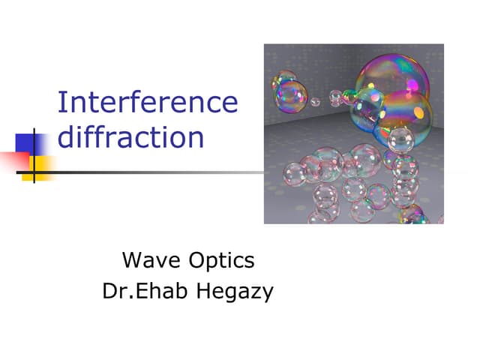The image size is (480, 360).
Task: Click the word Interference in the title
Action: (148, 103)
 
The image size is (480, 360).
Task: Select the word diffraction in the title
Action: (131, 138)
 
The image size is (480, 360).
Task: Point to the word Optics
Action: (223, 261)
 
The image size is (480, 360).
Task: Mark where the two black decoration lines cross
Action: (34, 172)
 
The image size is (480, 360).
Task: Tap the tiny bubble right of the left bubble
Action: (316, 101)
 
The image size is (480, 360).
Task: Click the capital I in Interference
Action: (61, 103)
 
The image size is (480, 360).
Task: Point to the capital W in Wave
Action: (132, 261)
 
